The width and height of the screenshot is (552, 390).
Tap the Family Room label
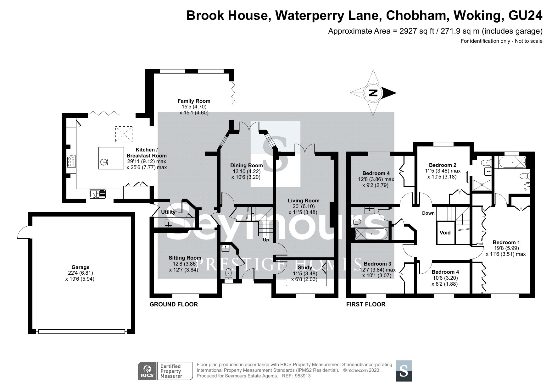click(x=194, y=101)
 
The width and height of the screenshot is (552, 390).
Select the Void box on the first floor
click(x=445, y=233)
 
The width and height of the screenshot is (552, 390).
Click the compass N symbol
click(x=373, y=93)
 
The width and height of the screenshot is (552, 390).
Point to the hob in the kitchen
click(x=71, y=161)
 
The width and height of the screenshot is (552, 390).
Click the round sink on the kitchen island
click(x=104, y=162)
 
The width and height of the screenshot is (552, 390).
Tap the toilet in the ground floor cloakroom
click(x=229, y=274)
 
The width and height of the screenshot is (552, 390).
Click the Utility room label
click(x=168, y=212)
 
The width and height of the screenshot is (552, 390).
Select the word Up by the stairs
click(x=266, y=240)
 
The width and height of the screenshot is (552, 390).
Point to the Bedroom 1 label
click(x=506, y=242)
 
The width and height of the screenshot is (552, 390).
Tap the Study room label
click(x=305, y=267)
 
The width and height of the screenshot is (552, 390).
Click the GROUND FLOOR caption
click(x=174, y=304)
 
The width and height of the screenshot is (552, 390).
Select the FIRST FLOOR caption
click(x=366, y=304)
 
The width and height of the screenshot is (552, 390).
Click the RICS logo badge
click(x=148, y=371)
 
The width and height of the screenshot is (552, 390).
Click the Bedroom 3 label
click(x=378, y=264)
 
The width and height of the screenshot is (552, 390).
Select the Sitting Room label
click(x=185, y=258)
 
